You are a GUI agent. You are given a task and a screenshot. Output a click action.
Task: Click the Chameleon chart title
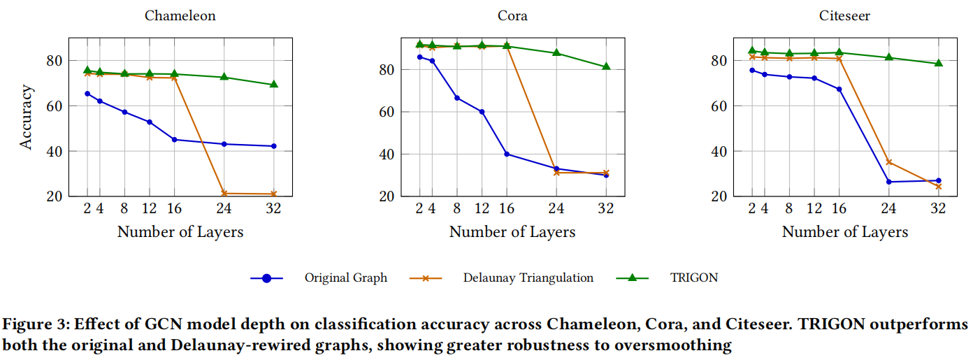click(180, 15)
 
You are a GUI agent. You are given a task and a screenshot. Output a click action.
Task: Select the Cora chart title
click(512, 15)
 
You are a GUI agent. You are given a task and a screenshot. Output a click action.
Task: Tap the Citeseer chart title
click(844, 15)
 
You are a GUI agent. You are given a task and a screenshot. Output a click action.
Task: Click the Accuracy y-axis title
click(27, 117)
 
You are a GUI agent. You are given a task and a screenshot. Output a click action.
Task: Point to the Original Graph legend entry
click(345, 278)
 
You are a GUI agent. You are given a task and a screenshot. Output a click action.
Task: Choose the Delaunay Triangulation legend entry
click(528, 278)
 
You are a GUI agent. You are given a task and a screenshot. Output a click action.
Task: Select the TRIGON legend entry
click(693, 278)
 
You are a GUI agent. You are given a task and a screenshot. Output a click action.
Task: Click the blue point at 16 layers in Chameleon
click(175, 140)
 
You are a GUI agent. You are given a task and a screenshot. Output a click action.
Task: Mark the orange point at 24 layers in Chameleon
click(224, 194)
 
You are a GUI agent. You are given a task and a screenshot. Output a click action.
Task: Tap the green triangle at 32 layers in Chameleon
click(274, 85)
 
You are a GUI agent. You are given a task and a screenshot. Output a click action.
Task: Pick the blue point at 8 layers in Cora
click(457, 98)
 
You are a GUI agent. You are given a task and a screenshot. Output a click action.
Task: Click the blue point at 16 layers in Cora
click(507, 154)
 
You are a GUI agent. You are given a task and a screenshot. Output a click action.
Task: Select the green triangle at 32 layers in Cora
click(606, 67)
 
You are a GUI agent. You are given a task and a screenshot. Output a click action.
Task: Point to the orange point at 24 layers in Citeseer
click(889, 162)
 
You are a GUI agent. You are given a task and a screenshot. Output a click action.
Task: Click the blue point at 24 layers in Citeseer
click(889, 182)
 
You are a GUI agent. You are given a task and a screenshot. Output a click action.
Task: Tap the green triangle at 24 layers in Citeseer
click(889, 57)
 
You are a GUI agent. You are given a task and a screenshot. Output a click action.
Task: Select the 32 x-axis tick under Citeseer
click(939, 208)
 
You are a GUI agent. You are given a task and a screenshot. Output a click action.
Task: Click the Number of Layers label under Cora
click(512, 232)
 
